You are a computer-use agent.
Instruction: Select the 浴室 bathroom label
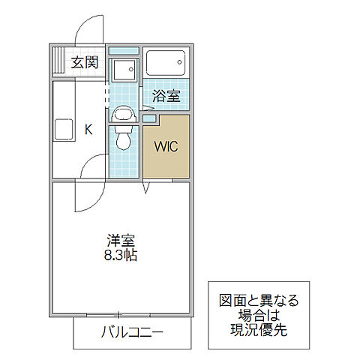[x=166, y=96]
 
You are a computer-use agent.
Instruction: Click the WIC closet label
[x=166, y=147]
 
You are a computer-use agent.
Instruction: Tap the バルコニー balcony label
[x=132, y=332]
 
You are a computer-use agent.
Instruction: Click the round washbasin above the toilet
[x=122, y=115]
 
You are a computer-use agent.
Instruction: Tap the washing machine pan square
[x=122, y=71]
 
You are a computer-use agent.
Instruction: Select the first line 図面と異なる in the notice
[x=258, y=301]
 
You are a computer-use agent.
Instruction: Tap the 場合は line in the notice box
[x=258, y=315]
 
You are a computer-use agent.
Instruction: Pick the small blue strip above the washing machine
[x=123, y=51]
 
